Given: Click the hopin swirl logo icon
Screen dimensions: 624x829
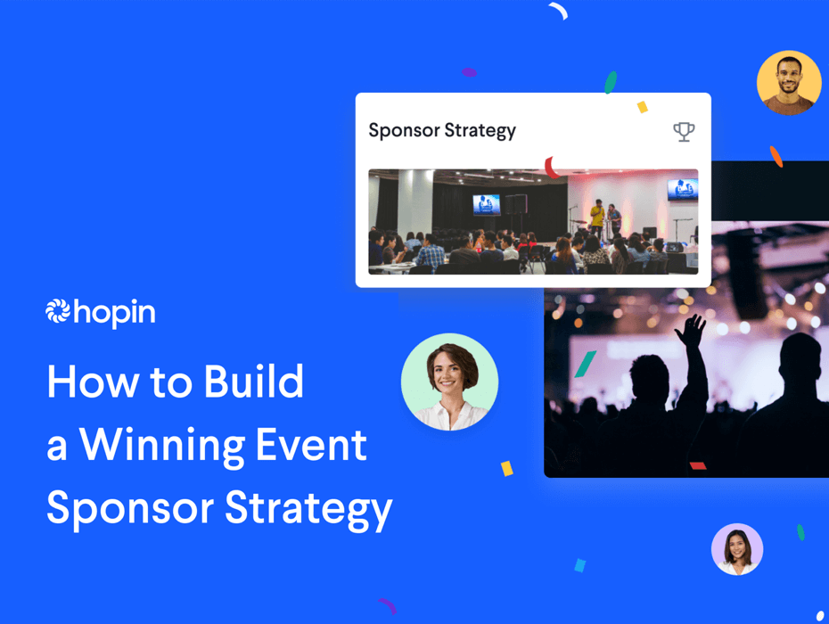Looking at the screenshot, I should click(x=58, y=311).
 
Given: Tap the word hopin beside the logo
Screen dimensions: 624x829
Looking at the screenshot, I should click(x=114, y=313).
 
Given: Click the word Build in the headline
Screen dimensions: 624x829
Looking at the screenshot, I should click(x=254, y=382).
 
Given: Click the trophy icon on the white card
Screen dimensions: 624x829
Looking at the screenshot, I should click(x=684, y=132).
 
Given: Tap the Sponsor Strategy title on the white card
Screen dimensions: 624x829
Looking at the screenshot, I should click(x=442, y=130).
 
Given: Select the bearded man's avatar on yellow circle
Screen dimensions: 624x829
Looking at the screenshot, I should click(x=789, y=83).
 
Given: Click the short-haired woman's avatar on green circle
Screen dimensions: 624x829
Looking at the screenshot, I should click(x=450, y=382).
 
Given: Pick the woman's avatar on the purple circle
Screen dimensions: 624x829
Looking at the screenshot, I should click(x=737, y=549).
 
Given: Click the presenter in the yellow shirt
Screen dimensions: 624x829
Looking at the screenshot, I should click(x=596, y=215).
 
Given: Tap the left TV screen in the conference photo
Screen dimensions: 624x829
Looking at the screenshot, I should click(x=487, y=204).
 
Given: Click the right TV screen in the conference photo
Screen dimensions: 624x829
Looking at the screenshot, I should click(x=682, y=189).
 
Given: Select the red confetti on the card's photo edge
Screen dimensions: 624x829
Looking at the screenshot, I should click(x=552, y=167).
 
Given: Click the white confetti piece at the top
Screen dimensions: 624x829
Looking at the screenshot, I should click(x=558, y=11).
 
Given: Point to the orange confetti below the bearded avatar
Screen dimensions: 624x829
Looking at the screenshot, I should click(x=776, y=157).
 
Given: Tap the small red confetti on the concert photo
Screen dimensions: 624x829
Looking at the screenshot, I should click(x=698, y=465).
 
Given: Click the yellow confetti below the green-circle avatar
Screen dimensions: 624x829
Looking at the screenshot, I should click(x=506, y=468).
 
